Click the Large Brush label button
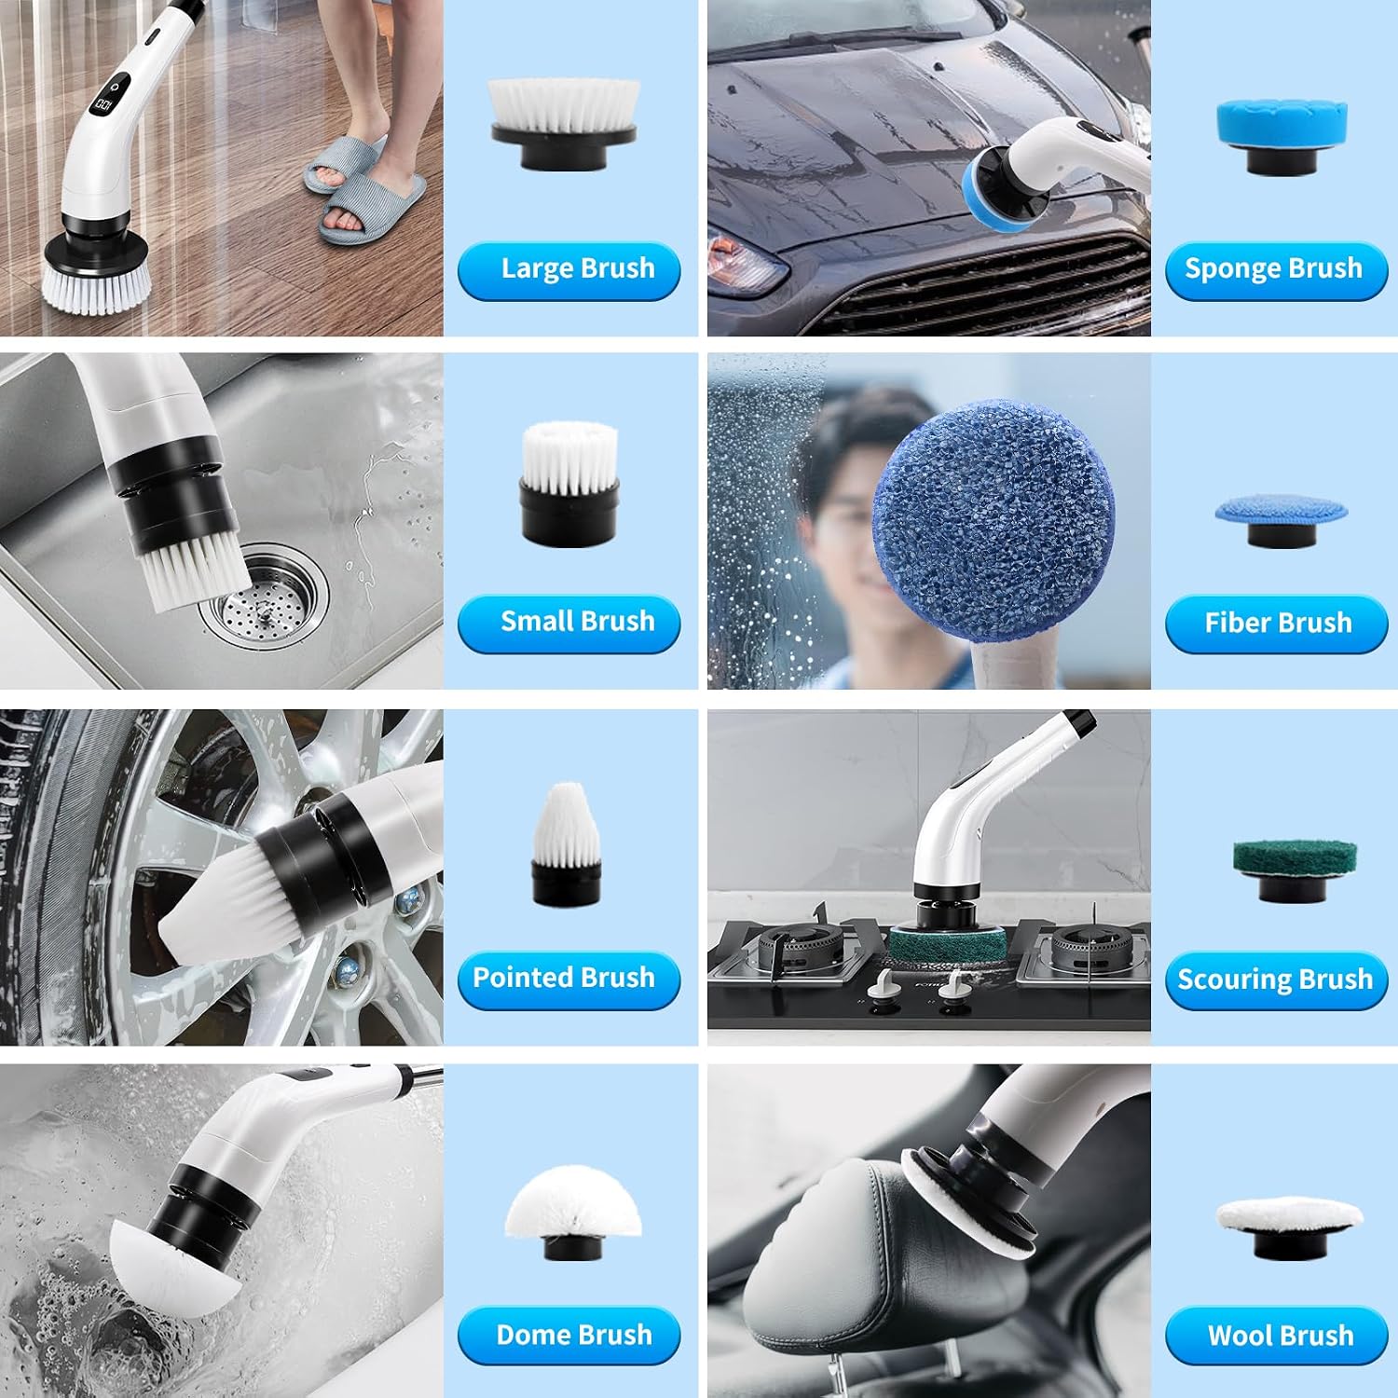569,270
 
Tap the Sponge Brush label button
1276,270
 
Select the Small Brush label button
569,623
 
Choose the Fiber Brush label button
1276,624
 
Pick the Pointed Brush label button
569,980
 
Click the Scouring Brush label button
1276,980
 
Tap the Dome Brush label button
569,1336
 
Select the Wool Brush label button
1276,1336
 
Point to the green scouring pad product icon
1281,870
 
